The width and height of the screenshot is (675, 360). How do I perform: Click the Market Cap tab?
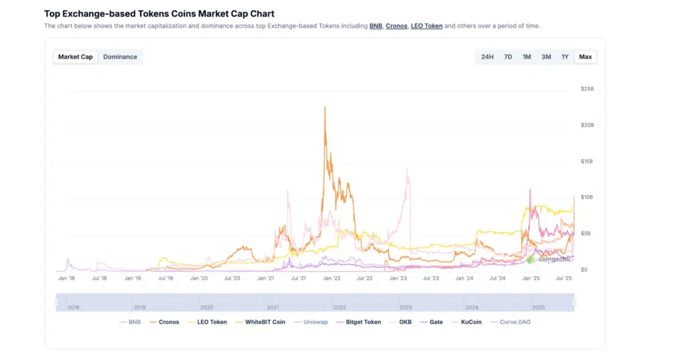[x=75, y=57]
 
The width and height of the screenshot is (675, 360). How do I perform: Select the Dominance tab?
[x=120, y=57]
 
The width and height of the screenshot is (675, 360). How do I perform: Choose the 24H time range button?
[x=487, y=57]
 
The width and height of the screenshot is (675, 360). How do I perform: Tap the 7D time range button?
[x=508, y=57]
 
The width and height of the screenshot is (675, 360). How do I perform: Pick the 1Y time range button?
[x=565, y=57]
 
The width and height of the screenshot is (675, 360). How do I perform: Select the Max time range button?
[x=585, y=57]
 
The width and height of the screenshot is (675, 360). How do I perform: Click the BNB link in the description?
[x=376, y=26]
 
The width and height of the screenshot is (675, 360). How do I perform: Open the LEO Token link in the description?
[x=426, y=26]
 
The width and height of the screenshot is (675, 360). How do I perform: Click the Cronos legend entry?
[x=165, y=322]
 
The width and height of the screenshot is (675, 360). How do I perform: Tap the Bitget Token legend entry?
[x=359, y=322]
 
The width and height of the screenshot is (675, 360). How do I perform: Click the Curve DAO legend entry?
[x=511, y=322]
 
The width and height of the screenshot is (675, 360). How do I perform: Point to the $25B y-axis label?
[x=587, y=88]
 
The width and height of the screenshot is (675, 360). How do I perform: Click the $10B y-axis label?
[x=587, y=197]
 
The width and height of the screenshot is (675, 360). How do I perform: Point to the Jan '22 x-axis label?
[x=331, y=278]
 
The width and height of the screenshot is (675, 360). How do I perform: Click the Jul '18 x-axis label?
[x=99, y=278]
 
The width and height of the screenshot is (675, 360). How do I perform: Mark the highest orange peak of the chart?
[x=325, y=107]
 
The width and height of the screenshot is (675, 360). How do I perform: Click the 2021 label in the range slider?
[x=273, y=307]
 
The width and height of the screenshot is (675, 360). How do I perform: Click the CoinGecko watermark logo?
[x=531, y=259]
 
